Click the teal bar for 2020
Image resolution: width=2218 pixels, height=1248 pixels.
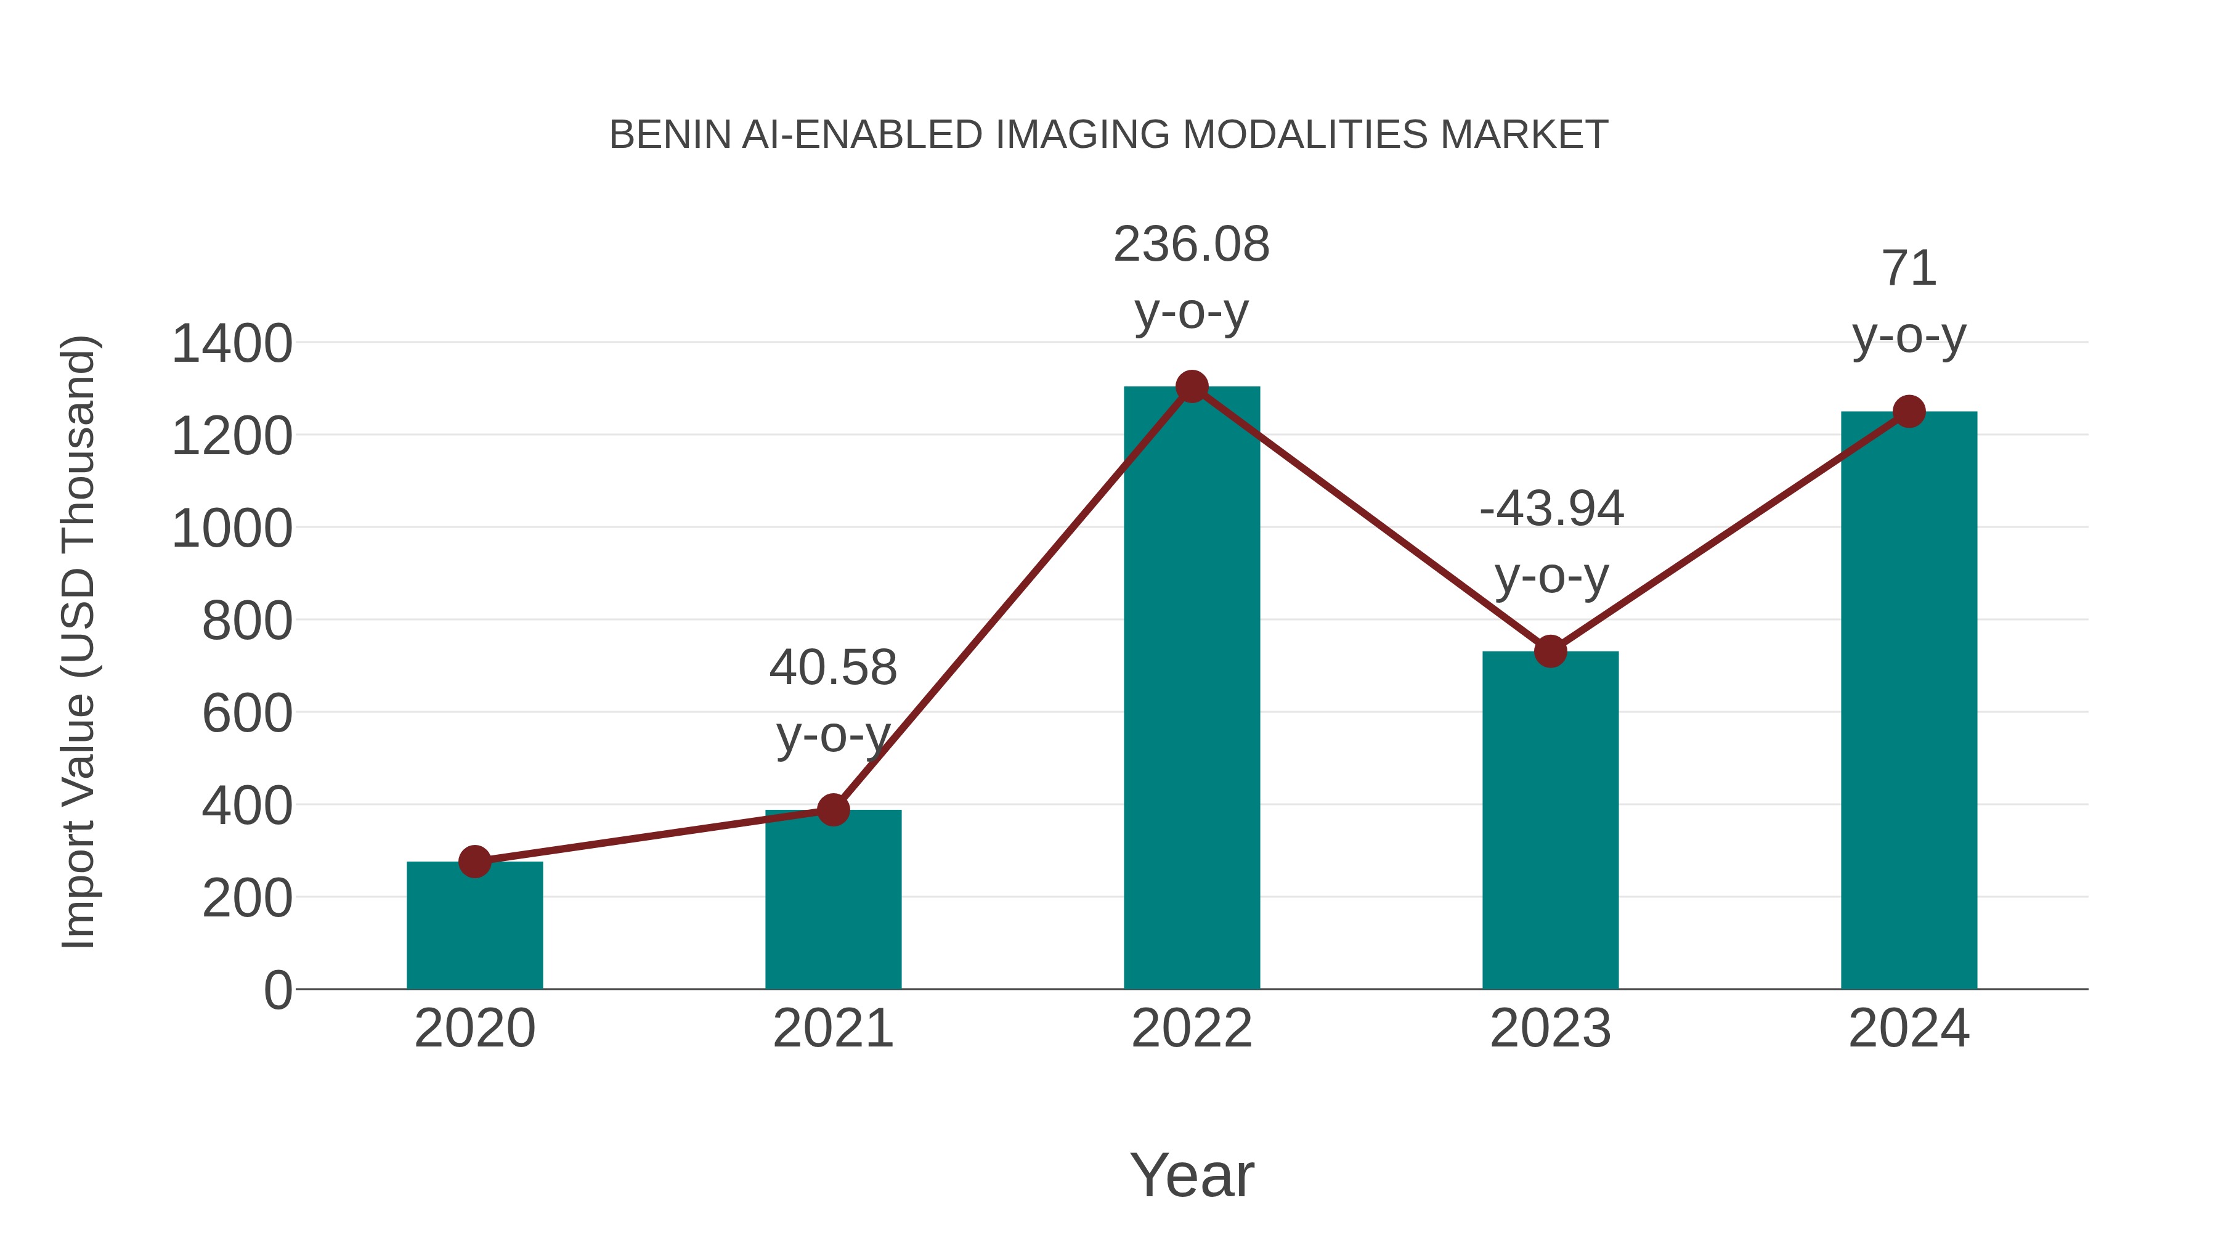click(x=474, y=926)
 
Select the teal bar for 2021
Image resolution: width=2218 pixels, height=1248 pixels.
click(x=832, y=900)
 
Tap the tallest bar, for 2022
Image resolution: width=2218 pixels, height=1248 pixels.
click(x=1192, y=689)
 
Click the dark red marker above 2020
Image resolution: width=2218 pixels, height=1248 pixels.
click(x=474, y=862)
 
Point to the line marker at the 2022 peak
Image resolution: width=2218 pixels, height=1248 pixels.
click(x=1192, y=386)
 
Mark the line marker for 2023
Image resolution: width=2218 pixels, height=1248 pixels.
click(x=1550, y=651)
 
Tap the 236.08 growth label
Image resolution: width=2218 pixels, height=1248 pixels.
click(x=1191, y=245)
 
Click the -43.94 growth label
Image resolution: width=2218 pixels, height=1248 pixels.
click(x=1551, y=508)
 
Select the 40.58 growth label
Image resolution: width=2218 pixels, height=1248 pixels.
click(x=832, y=667)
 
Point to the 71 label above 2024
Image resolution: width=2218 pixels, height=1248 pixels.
click(x=1909, y=269)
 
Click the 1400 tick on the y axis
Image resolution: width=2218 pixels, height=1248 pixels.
click(x=232, y=344)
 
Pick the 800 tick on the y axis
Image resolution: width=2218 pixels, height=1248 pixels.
click(x=247, y=621)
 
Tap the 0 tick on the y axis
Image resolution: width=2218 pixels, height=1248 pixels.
click(x=278, y=990)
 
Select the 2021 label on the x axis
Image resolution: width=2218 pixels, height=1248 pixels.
click(x=832, y=1029)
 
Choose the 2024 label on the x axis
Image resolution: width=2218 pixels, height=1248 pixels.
click(x=1909, y=1029)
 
